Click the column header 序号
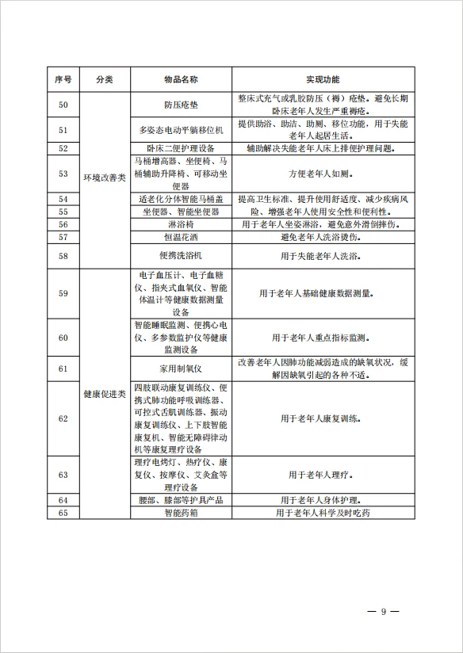pos(64,80)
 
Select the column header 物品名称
pos(181,80)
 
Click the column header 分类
pos(105,80)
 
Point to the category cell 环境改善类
pos(105,178)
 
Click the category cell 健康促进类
pos(105,394)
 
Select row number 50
pos(64,105)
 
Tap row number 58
pos(64,255)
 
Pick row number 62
pos(64,418)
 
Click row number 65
pos(64,513)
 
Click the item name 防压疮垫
pos(181,105)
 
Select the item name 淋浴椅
pos(181,225)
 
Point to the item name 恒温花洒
pos(181,237)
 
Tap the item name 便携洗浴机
pos(181,255)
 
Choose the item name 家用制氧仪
pos(181,369)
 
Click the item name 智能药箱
pos(181,513)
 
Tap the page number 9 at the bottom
pos(383,612)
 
